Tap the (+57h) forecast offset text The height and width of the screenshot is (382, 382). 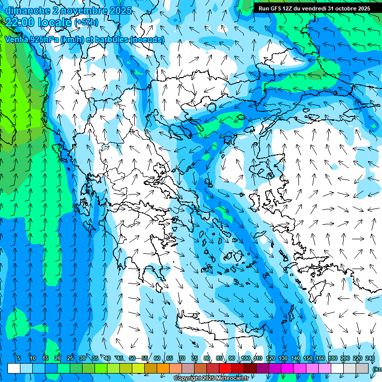point(86,22)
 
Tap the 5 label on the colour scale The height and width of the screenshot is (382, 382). point(18,358)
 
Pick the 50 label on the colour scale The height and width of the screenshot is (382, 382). point(132,358)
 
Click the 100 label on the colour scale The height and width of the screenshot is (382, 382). point(245,358)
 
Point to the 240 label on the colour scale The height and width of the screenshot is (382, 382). point(370,358)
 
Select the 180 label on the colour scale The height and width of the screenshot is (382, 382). point(332,358)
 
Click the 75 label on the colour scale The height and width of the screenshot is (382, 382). point(194,358)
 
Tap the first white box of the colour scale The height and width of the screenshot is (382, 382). point(14,368)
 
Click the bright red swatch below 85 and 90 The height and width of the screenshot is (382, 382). point(225,368)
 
